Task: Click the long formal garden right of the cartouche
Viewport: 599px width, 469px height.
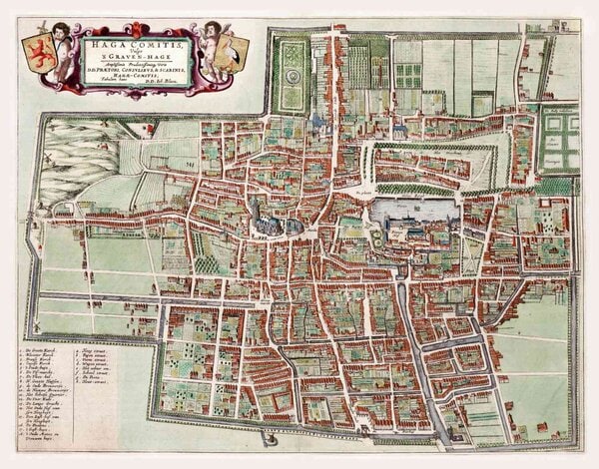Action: pyautogui.click(x=293, y=75)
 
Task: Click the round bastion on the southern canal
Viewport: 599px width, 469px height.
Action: pyautogui.click(x=268, y=436)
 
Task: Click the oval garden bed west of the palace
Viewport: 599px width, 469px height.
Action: pyautogui.click(x=377, y=237)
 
